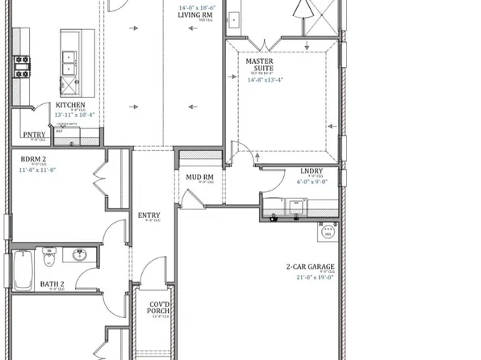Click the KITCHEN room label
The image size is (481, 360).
(x=71, y=105)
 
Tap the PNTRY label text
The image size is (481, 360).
(x=34, y=135)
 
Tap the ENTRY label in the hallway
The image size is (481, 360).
(x=149, y=215)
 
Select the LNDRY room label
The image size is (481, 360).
(x=312, y=170)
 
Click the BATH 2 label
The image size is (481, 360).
(x=53, y=283)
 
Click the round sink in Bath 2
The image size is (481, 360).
(x=80, y=255)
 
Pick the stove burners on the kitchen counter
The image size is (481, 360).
(x=20, y=66)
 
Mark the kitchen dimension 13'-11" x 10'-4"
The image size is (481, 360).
(x=74, y=115)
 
